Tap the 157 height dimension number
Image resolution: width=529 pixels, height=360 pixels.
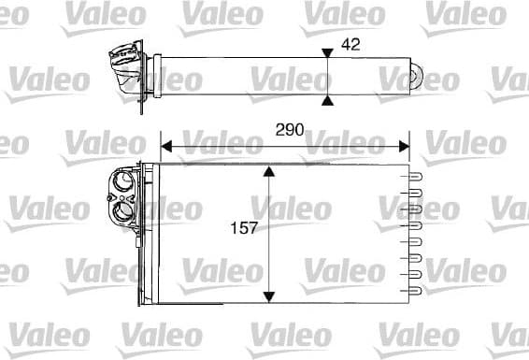click(x=244, y=227)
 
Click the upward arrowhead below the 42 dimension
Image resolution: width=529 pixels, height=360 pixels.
click(x=326, y=97)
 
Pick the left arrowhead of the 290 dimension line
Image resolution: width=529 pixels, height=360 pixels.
click(x=168, y=145)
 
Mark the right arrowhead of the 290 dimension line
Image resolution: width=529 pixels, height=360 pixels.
click(x=404, y=145)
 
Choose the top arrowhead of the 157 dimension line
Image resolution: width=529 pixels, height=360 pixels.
click(x=269, y=173)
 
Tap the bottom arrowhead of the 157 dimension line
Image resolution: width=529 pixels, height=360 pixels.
click(x=269, y=296)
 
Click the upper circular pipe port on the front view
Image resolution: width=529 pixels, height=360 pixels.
click(x=122, y=183)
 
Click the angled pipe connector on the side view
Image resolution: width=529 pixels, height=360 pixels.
click(x=124, y=71)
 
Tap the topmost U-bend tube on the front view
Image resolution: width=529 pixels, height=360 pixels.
click(x=416, y=174)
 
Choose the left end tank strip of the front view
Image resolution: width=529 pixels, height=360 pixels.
click(x=150, y=234)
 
